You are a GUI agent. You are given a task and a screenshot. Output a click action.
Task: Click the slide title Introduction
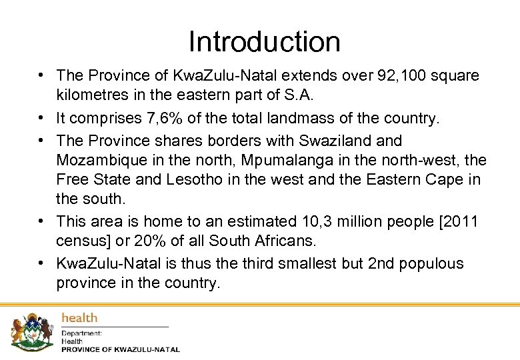pyautogui.click(x=264, y=41)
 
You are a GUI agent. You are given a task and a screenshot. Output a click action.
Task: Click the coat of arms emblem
pyautogui.click(x=31, y=331)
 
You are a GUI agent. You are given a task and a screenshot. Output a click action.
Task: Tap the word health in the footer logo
pyautogui.click(x=79, y=318)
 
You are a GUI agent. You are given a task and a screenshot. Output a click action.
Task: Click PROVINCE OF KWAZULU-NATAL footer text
pyautogui.click(x=120, y=349)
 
